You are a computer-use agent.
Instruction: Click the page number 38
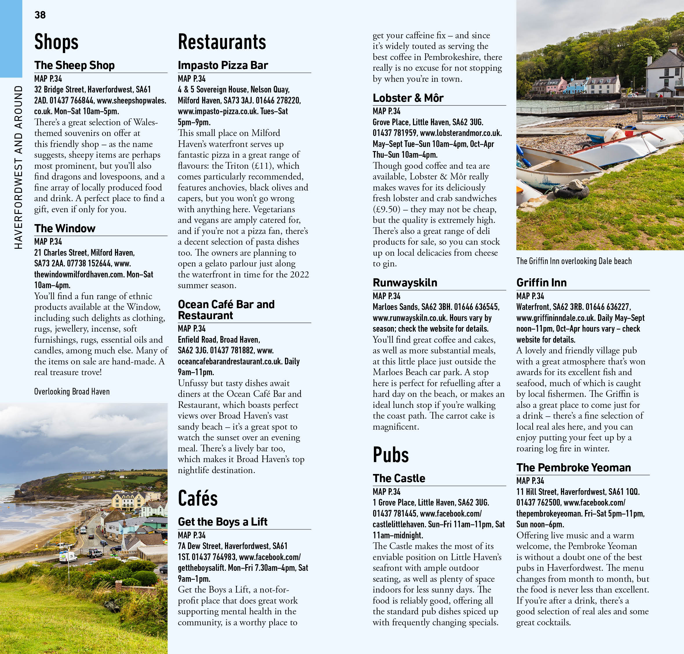(x=40, y=15)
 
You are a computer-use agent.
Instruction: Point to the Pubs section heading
(x=390, y=455)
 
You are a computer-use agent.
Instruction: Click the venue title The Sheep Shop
(x=74, y=65)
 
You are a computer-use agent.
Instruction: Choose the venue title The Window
(x=65, y=228)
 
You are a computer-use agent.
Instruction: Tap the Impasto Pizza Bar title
(x=223, y=65)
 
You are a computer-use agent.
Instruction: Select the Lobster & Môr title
(x=408, y=98)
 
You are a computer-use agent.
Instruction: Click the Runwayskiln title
(x=405, y=282)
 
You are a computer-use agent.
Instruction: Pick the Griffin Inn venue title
(x=541, y=282)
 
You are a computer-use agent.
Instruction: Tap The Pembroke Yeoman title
(x=573, y=468)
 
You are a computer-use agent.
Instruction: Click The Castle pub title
(x=399, y=478)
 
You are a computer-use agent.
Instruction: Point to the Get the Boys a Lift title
(x=222, y=522)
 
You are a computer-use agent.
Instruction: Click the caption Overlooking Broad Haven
(x=72, y=391)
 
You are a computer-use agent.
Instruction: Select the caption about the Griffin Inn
(x=574, y=261)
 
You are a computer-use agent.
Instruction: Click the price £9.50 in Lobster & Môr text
(x=386, y=210)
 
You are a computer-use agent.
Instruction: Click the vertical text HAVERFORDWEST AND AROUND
(x=18, y=167)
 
